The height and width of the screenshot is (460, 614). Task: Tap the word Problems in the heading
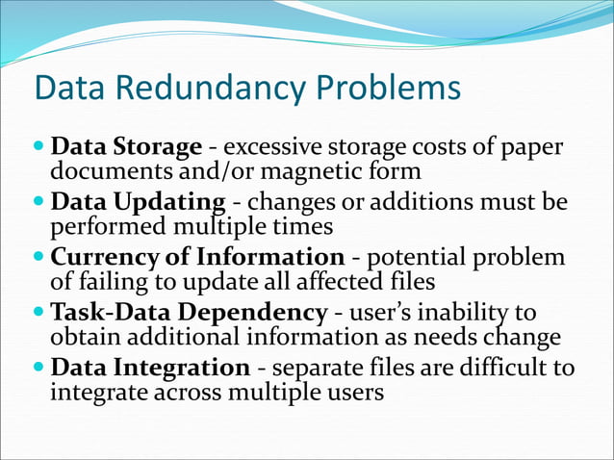click(x=383, y=89)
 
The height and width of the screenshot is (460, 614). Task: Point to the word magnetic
click(x=319, y=171)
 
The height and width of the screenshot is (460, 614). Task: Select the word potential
click(x=417, y=259)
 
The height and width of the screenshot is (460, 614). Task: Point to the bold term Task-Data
click(x=106, y=314)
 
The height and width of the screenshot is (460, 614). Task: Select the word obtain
click(x=82, y=337)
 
